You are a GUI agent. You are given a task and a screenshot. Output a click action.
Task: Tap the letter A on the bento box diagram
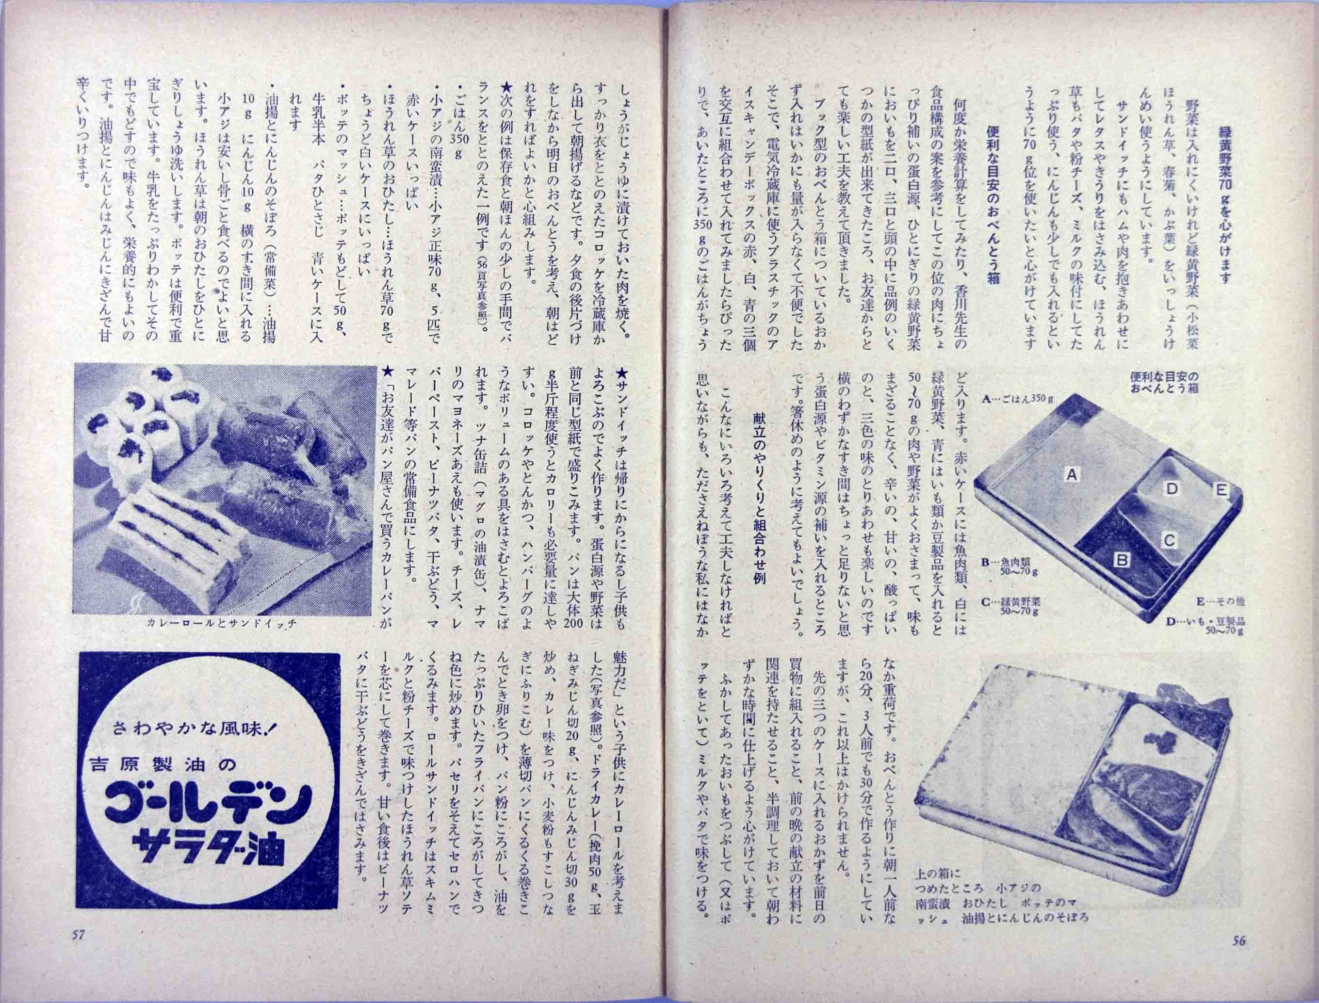[1071, 475]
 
